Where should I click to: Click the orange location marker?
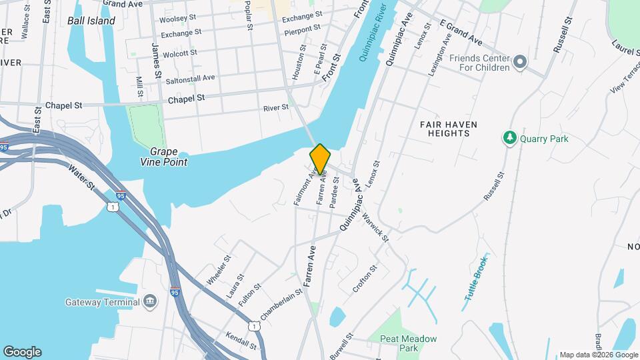320,159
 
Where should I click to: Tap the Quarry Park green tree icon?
510,138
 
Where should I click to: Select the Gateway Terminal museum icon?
151,301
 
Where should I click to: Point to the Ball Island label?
91,21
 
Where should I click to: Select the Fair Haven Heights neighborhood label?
445,129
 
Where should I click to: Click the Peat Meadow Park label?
408,343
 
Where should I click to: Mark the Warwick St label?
375,228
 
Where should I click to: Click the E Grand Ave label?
460,33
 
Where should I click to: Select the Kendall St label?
241,341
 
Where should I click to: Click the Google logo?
22,352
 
